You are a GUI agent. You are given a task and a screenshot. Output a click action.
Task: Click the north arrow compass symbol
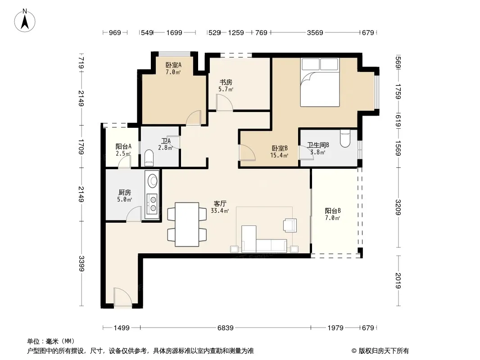click(x=25, y=21)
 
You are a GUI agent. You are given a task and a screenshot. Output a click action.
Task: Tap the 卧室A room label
click(x=173, y=65)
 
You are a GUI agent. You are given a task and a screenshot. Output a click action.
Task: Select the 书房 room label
click(x=226, y=82)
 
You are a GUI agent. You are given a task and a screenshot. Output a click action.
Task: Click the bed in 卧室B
click(x=320, y=82)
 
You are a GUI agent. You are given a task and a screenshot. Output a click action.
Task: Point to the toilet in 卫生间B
click(x=345, y=139)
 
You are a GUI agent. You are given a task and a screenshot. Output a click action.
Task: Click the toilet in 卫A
click(x=149, y=158)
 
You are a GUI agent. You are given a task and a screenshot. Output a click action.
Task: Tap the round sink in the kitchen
click(x=153, y=180)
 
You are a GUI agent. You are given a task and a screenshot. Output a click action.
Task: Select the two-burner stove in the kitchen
click(x=152, y=204)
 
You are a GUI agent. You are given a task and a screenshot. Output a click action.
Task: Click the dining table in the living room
click(x=187, y=224)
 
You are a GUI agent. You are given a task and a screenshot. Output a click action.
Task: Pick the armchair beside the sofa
click(x=290, y=225)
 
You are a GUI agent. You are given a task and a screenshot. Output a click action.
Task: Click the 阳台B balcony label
click(x=333, y=211)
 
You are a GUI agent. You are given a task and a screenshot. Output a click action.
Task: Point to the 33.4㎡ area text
click(x=220, y=211)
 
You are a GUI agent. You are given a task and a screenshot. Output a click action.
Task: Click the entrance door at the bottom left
click(x=123, y=298)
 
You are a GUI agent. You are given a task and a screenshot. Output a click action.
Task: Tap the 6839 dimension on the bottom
click(x=226, y=328)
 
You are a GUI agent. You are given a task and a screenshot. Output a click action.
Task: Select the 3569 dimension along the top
click(x=315, y=32)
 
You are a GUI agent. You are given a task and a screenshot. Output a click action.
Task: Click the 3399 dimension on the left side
click(x=82, y=263)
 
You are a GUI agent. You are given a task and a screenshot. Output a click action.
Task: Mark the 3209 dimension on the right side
click(x=398, y=207)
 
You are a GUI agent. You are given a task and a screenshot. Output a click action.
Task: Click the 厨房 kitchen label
click(x=125, y=193)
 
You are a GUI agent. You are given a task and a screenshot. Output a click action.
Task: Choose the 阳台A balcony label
click(x=123, y=147)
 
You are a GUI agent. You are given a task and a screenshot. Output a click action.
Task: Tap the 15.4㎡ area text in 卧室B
click(x=279, y=155)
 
